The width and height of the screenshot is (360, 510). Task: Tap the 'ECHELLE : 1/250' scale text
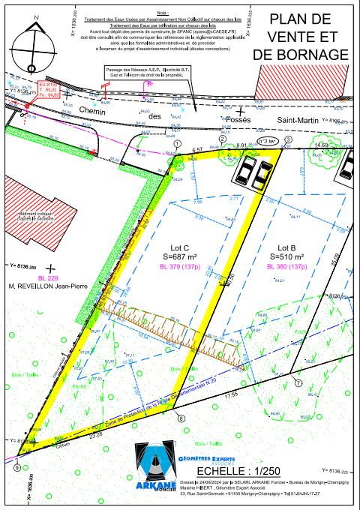(x=239, y=471)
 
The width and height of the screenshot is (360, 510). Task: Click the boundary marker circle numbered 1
(x=178, y=142)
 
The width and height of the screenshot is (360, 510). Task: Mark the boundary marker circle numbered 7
(x=298, y=382)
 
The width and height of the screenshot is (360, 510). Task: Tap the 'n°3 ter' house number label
(x=266, y=140)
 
